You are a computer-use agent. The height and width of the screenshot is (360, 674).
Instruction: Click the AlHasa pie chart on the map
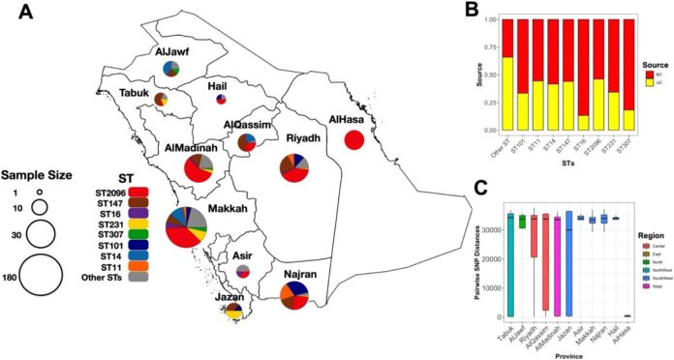click(354, 139)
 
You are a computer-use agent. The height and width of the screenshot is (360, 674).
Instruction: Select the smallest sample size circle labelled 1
click(40, 193)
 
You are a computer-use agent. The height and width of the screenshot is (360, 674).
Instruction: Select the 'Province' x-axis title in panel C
click(567, 354)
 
